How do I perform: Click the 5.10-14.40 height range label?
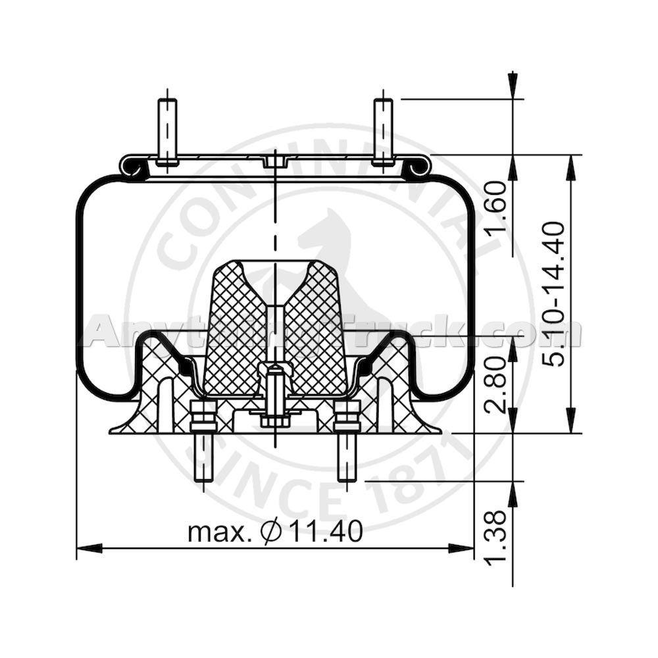coord(552,293)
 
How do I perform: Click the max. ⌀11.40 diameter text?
coord(275,532)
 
